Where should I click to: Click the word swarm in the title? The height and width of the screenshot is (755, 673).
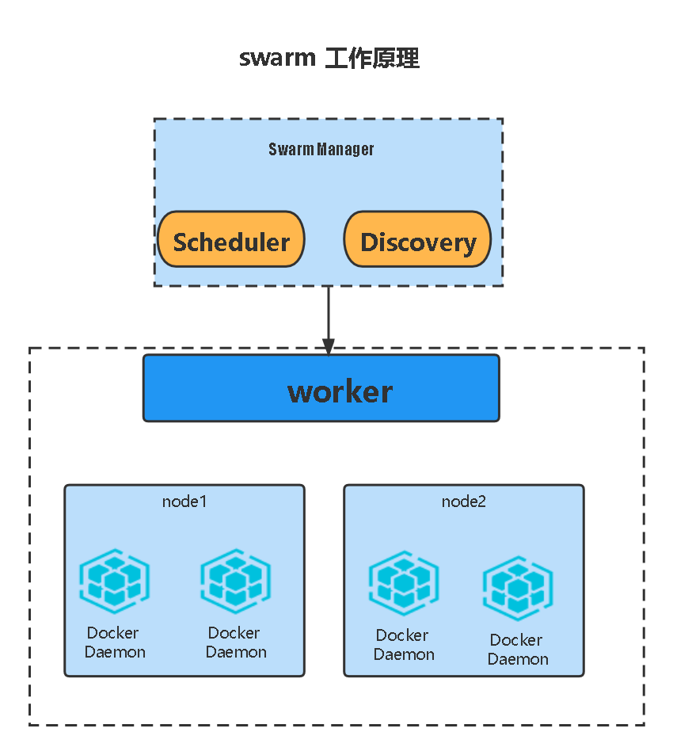(277, 59)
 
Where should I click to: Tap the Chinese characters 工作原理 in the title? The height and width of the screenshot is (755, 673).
(372, 59)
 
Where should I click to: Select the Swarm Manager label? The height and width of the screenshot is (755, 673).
(321, 149)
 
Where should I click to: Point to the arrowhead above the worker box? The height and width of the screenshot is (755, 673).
(329, 346)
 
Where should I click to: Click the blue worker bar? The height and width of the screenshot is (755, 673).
(321, 389)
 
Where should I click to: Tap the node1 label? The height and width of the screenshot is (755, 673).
(184, 501)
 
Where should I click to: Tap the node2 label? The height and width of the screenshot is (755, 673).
(464, 501)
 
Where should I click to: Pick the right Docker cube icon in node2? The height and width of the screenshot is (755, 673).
(518, 589)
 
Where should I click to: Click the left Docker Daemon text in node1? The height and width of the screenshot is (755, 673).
(114, 643)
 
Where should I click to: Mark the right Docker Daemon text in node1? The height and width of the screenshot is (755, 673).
(235, 643)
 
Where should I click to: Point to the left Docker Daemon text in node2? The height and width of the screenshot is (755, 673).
(404, 645)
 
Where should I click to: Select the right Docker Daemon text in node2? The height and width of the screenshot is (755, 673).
(517, 650)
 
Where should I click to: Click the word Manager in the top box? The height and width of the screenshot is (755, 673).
(346, 149)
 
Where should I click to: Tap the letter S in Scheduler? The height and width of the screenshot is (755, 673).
(181, 242)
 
